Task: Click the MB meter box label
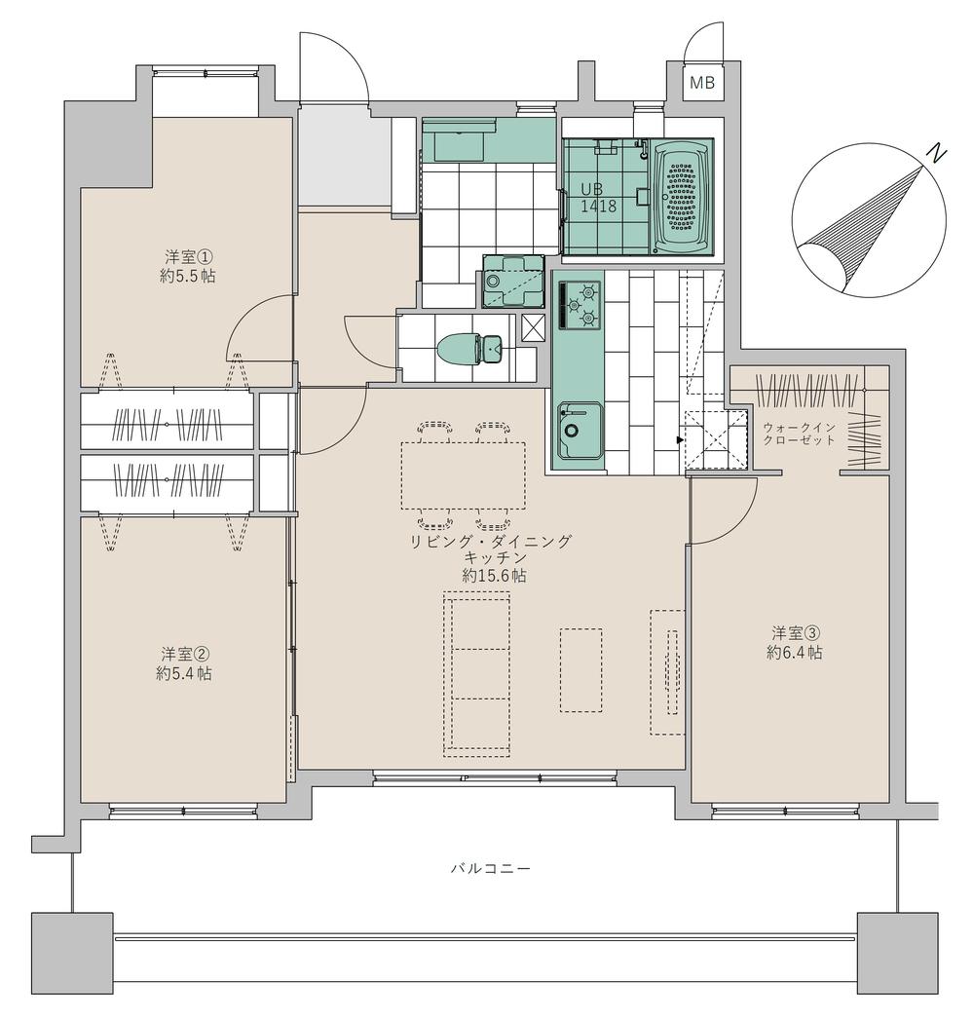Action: (x=701, y=83)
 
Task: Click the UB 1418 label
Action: (x=598, y=198)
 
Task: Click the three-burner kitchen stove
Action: (x=579, y=304)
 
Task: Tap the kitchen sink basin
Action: (x=580, y=431)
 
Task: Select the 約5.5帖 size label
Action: (x=187, y=276)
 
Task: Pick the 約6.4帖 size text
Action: (x=794, y=652)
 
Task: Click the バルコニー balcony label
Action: (x=491, y=868)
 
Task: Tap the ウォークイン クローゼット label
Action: (x=799, y=434)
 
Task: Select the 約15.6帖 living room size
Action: (x=494, y=576)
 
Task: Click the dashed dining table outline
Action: (x=463, y=475)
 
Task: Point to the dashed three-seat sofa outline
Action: (x=475, y=674)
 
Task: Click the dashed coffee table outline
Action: (x=580, y=670)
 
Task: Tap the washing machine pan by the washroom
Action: (x=513, y=281)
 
